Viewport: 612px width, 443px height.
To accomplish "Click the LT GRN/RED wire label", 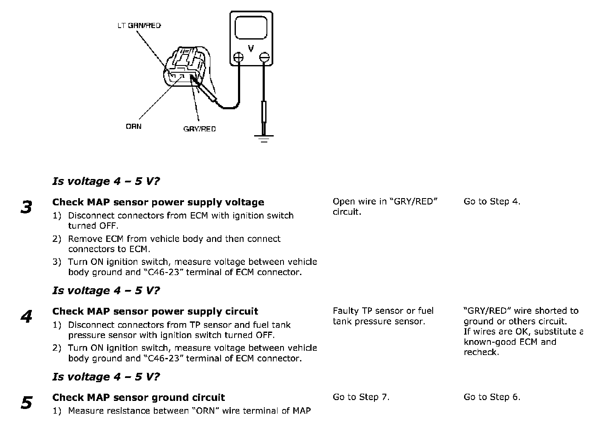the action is (x=139, y=26).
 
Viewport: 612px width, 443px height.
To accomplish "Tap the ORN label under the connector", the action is (x=133, y=127).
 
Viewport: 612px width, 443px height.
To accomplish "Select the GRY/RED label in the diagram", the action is (x=199, y=129).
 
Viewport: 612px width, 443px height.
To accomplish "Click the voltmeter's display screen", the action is (x=251, y=28).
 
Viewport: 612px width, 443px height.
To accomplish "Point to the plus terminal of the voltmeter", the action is (x=238, y=57).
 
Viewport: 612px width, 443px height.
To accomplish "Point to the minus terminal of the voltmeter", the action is (x=264, y=57).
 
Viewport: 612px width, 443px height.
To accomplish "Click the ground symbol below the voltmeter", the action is (x=264, y=139).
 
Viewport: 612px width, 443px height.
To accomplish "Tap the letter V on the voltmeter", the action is (x=251, y=48).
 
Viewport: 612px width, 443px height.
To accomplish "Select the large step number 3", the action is (x=26, y=207).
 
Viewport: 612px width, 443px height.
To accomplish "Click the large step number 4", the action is (x=26, y=316).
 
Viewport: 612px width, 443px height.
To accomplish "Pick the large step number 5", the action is (x=26, y=403).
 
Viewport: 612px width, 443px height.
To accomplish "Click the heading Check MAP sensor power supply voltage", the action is (x=158, y=202).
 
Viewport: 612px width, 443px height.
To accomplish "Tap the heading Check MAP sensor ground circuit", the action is (x=139, y=398).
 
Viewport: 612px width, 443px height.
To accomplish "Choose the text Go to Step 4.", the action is (x=492, y=202).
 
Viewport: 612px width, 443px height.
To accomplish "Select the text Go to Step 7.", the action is (x=361, y=397).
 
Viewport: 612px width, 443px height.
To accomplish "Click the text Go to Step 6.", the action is (x=492, y=397).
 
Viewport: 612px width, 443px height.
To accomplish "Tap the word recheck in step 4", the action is (x=481, y=352).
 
